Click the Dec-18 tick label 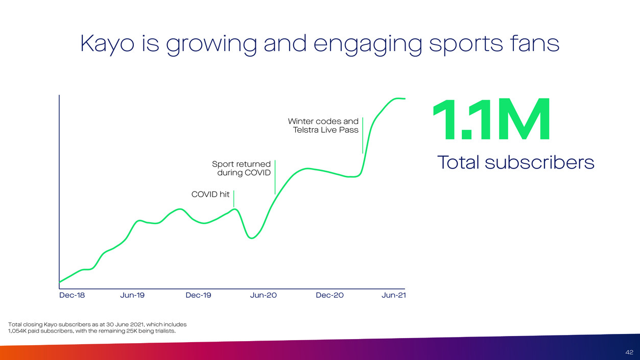(72, 296)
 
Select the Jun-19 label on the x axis (133, 296)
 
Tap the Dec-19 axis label (198, 296)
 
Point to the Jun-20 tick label (264, 296)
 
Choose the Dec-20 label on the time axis (330, 296)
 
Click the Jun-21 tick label (393, 296)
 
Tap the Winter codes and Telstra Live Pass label (323, 126)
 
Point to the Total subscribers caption (516, 163)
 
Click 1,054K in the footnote (18, 331)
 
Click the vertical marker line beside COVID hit (234, 198)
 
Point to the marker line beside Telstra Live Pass (363, 135)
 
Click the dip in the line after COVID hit (252, 237)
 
